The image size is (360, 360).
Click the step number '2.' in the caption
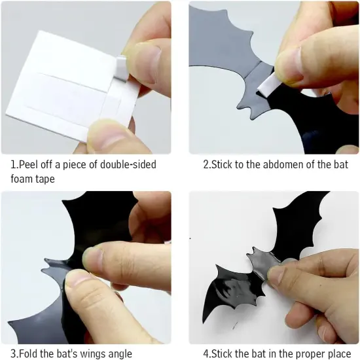(207, 165)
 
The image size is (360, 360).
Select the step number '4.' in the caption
(207, 353)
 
